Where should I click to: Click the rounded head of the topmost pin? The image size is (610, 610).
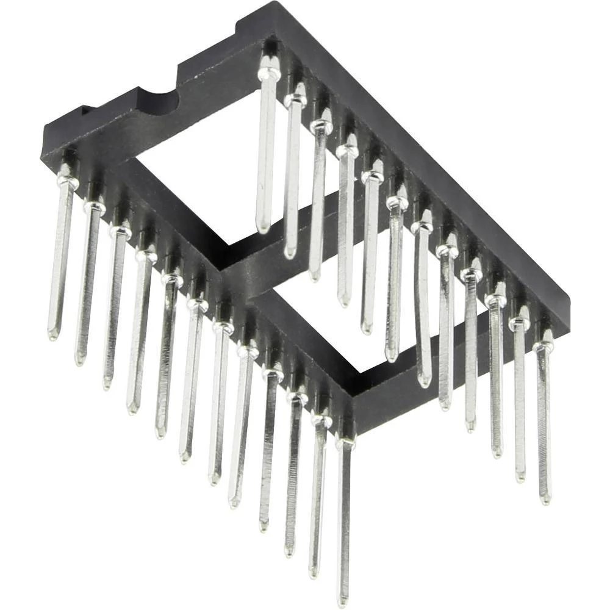[268, 74]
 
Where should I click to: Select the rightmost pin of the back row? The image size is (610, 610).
[544, 421]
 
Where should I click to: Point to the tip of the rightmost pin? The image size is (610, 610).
[545, 500]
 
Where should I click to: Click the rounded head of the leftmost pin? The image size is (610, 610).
[67, 181]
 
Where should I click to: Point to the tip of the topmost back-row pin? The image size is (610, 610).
[263, 229]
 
